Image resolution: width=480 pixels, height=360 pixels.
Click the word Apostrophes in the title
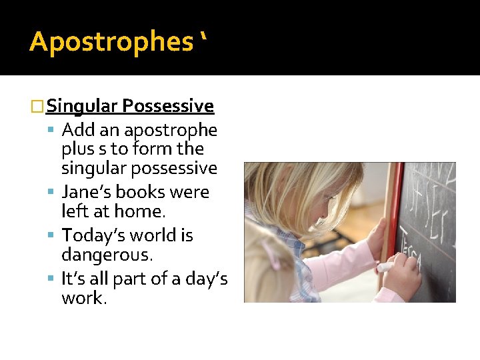110,42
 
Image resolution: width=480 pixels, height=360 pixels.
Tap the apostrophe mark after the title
202,41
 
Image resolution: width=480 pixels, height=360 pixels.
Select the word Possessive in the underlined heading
168,106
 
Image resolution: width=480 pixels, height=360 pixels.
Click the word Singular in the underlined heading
83,106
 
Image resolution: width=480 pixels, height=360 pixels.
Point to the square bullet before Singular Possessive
38,107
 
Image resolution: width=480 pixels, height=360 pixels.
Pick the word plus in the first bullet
77,149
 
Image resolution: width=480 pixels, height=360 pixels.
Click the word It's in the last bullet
73,278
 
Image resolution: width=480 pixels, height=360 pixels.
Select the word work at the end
83,298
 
